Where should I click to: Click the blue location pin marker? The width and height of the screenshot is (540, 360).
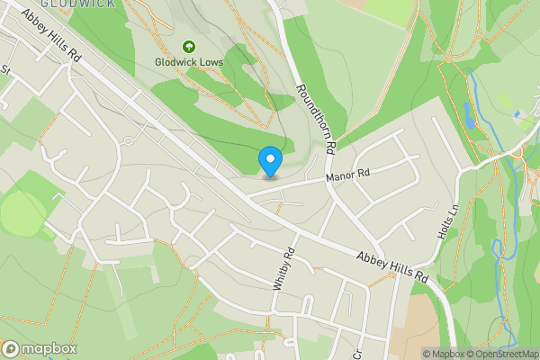tap(270, 161)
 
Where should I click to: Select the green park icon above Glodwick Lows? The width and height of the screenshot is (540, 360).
tap(189, 46)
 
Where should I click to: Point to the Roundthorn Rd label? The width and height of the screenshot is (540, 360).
tap(316, 117)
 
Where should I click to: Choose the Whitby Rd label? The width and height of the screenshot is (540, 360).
tap(283, 268)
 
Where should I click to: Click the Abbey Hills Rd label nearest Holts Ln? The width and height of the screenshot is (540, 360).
tap(392, 269)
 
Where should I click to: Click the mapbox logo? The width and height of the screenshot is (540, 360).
tap(40, 348)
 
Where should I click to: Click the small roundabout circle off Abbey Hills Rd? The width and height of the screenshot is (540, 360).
tap(129, 141)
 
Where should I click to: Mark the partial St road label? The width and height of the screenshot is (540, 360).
tap(4, 69)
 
